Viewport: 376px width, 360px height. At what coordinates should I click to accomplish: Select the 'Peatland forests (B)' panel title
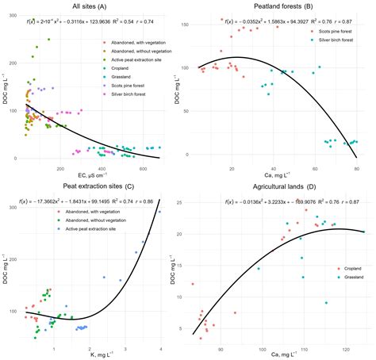point(282,6)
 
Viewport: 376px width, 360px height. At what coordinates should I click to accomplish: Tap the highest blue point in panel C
point(159,212)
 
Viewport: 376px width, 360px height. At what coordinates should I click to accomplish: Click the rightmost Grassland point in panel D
point(364,232)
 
